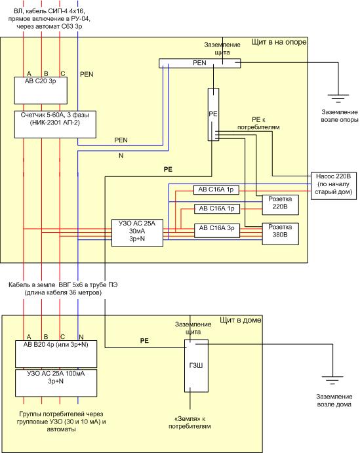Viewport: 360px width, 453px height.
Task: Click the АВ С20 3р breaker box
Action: pyautogui.click(x=41, y=90)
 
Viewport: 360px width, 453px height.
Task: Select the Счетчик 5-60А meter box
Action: pyautogui.click(x=55, y=125)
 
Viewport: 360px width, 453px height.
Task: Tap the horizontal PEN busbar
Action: pyautogui.click(x=199, y=64)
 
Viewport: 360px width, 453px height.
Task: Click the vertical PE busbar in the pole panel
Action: pyautogui.click(x=213, y=115)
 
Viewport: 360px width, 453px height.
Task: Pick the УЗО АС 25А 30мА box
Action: pyautogui.click(x=137, y=233)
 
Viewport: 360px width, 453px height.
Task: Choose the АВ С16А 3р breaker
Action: pyautogui.click(x=216, y=230)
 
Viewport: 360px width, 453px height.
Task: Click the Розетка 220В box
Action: pyautogui.click(x=280, y=205)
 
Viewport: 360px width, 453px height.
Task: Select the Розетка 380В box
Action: pyautogui.click(x=280, y=234)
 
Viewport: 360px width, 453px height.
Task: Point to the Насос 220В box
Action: pyautogui.click(x=333, y=186)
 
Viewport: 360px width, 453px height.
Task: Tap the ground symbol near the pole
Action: pyautogui.click(x=338, y=98)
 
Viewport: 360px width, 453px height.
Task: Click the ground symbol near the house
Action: pyautogui.click(x=332, y=380)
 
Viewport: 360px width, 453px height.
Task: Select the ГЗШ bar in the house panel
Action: pyautogui.click(x=196, y=366)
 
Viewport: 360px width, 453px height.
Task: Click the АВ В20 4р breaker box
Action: pyautogui.click(x=56, y=353)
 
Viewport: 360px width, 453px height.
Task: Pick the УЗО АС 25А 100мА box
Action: pyautogui.click(x=56, y=383)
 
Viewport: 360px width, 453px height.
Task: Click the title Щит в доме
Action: pyautogui.click(x=241, y=320)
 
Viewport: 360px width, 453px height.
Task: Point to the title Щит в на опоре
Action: pyautogui.click(x=279, y=42)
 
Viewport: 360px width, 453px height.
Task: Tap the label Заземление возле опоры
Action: pyautogui.click(x=340, y=116)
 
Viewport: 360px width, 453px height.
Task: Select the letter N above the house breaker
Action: pyautogui.click(x=81, y=337)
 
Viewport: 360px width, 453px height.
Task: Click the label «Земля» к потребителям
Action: pyautogui.click(x=190, y=422)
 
